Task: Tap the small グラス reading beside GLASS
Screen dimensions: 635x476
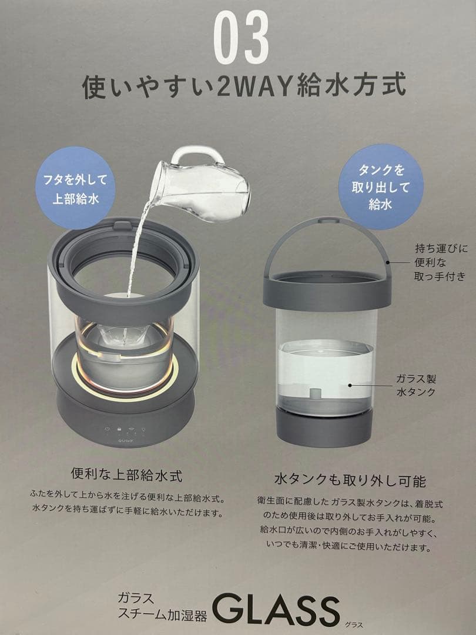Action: click(x=354, y=624)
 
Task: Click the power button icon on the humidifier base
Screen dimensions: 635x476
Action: click(x=107, y=429)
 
